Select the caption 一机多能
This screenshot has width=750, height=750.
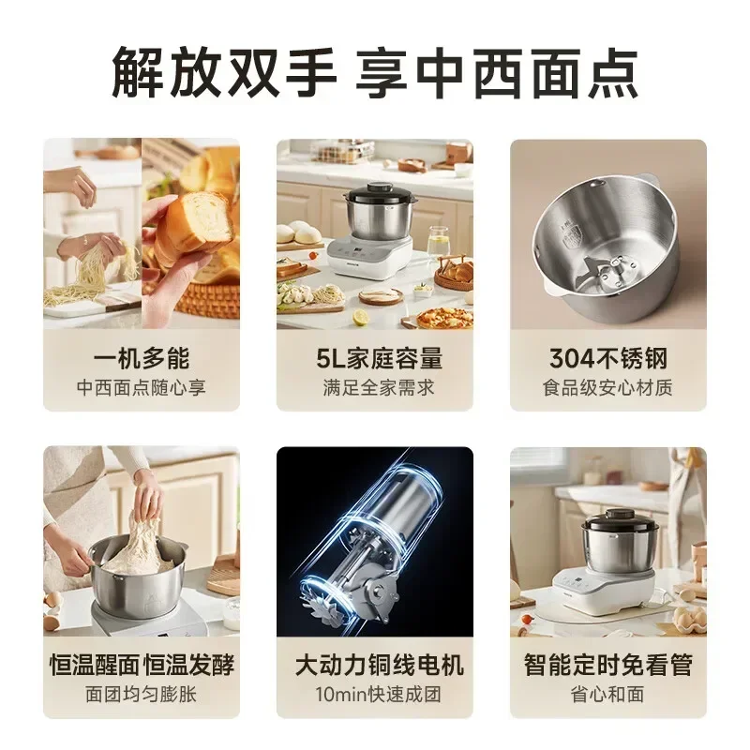point(141,358)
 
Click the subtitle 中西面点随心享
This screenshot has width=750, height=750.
point(141,386)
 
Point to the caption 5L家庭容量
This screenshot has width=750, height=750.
point(375,358)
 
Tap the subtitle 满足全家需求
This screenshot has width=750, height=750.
point(375,386)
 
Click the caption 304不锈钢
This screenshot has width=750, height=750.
point(607,358)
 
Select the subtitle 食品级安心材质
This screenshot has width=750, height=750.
point(607,386)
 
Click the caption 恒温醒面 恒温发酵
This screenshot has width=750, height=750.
point(141,666)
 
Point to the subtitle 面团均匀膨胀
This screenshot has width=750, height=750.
point(141,695)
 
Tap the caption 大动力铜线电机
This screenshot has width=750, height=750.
point(375,666)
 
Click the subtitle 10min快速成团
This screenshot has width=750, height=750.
point(375,695)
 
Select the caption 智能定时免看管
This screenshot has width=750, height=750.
point(607,666)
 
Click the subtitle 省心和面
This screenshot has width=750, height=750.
point(607,695)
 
